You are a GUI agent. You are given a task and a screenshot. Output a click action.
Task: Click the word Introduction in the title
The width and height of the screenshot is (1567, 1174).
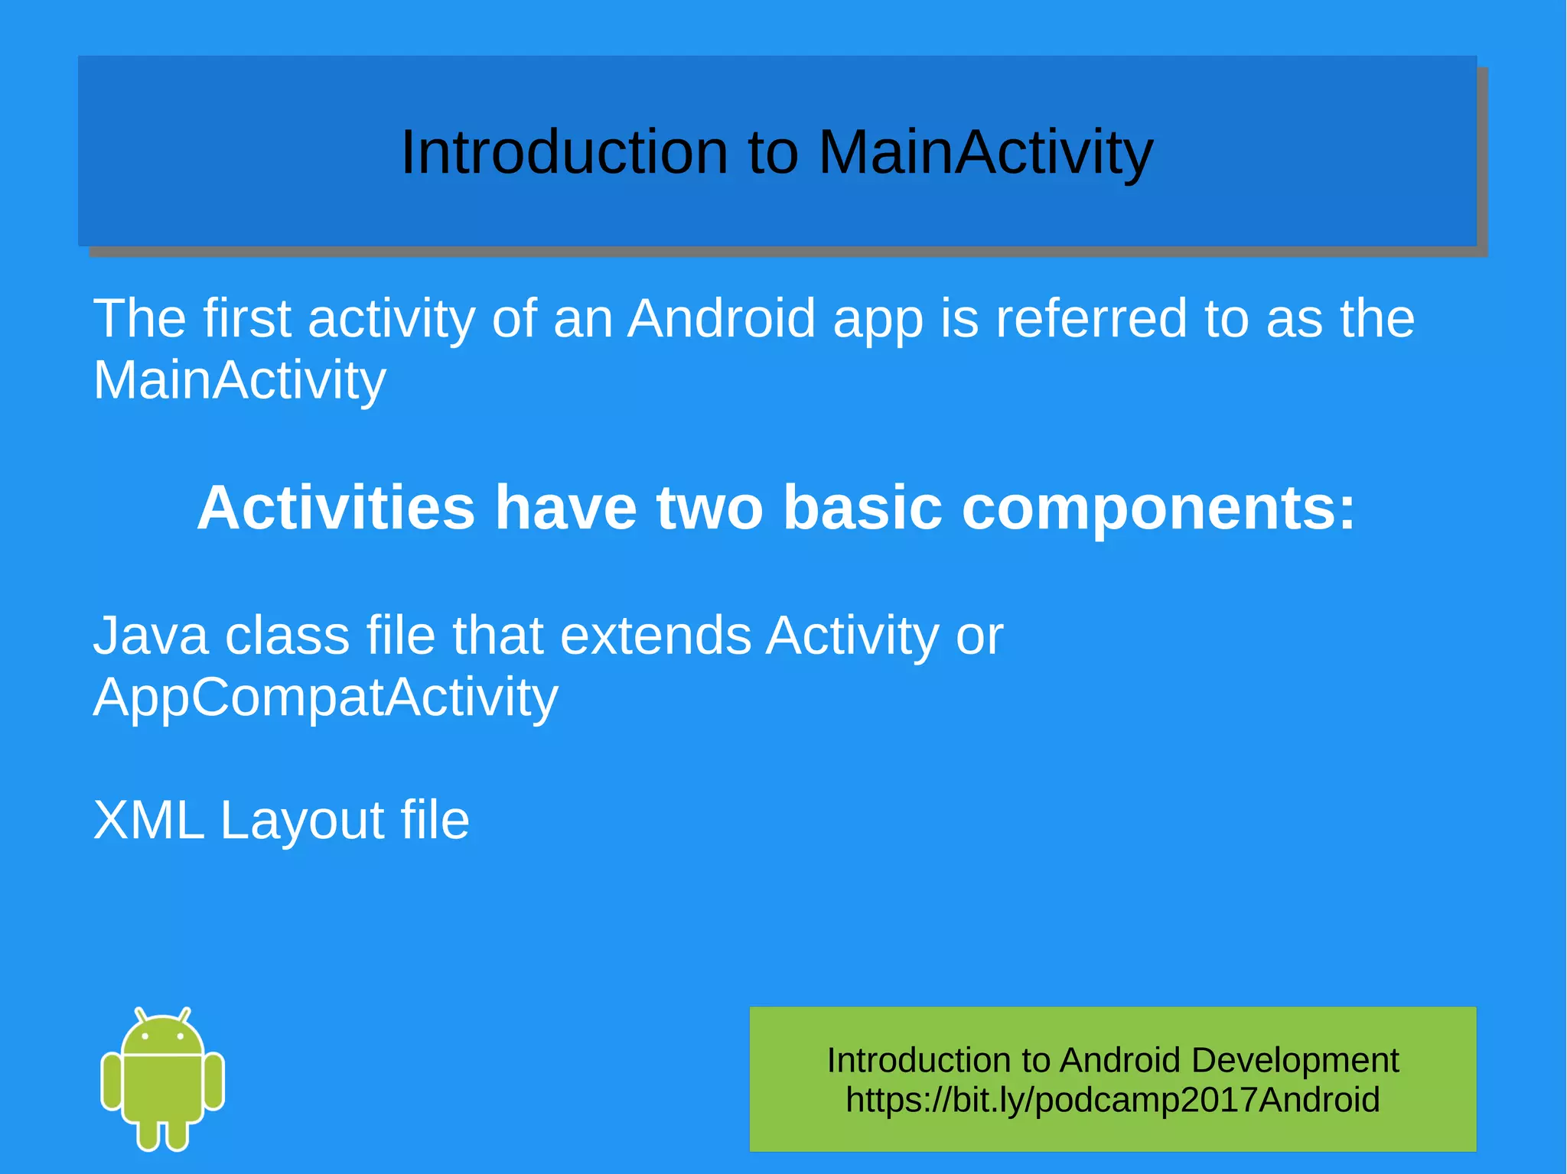564,152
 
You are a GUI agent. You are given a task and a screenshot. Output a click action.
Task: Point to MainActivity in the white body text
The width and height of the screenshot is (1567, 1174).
239,380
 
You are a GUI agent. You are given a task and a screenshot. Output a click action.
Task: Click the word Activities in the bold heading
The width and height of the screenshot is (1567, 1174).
336,508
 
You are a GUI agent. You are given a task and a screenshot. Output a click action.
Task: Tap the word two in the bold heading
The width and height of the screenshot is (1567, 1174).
709,508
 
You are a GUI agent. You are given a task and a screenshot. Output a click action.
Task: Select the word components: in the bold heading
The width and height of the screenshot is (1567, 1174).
1158,508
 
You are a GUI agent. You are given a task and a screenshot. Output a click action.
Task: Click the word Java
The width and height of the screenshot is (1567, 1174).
150,636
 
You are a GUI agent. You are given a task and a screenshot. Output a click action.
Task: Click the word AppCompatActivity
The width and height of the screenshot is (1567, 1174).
325,698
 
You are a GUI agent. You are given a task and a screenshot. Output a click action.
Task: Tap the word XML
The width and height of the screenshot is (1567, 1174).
148,821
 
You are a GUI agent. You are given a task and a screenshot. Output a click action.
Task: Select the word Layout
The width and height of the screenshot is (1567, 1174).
301,821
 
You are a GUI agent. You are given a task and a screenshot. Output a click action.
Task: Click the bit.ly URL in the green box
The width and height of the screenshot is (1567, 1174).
1113,1100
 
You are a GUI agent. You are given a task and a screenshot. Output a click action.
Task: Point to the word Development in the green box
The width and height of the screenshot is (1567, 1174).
1295,1061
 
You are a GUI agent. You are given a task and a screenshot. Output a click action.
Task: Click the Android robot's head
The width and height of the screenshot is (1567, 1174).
163,1034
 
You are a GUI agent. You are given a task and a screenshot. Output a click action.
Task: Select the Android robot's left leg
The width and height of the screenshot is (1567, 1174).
148,1133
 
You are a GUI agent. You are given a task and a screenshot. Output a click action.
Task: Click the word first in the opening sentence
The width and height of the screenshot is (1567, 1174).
246,318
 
